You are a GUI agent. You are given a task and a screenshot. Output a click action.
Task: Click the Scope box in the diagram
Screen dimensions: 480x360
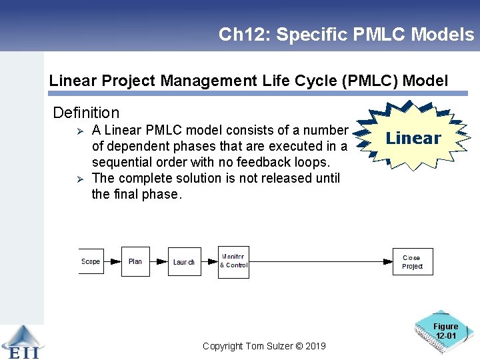pyautogui.click(x=91, y=261)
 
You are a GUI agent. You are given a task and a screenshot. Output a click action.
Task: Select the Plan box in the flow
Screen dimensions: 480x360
pyautogui.click(x=135, y=261)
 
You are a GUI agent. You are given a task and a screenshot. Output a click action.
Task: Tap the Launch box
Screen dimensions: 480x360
pyautogui.click(x=184, y=261)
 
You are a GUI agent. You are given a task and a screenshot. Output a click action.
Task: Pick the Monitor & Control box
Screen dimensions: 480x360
pyautogui.click(x=233, y=261)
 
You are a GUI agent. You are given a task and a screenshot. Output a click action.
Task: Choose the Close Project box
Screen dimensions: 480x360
pyautogui.click(x=413, y=261)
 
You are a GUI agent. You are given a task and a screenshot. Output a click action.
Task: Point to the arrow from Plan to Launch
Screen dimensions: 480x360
pyautogui.click(x=159, y=262)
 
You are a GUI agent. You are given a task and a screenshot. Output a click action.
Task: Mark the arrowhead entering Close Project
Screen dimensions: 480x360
pyautogui.click(x=388, y=262)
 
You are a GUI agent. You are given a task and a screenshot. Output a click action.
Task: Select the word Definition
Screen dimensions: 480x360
pyautogui.click(x=86, y=113)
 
